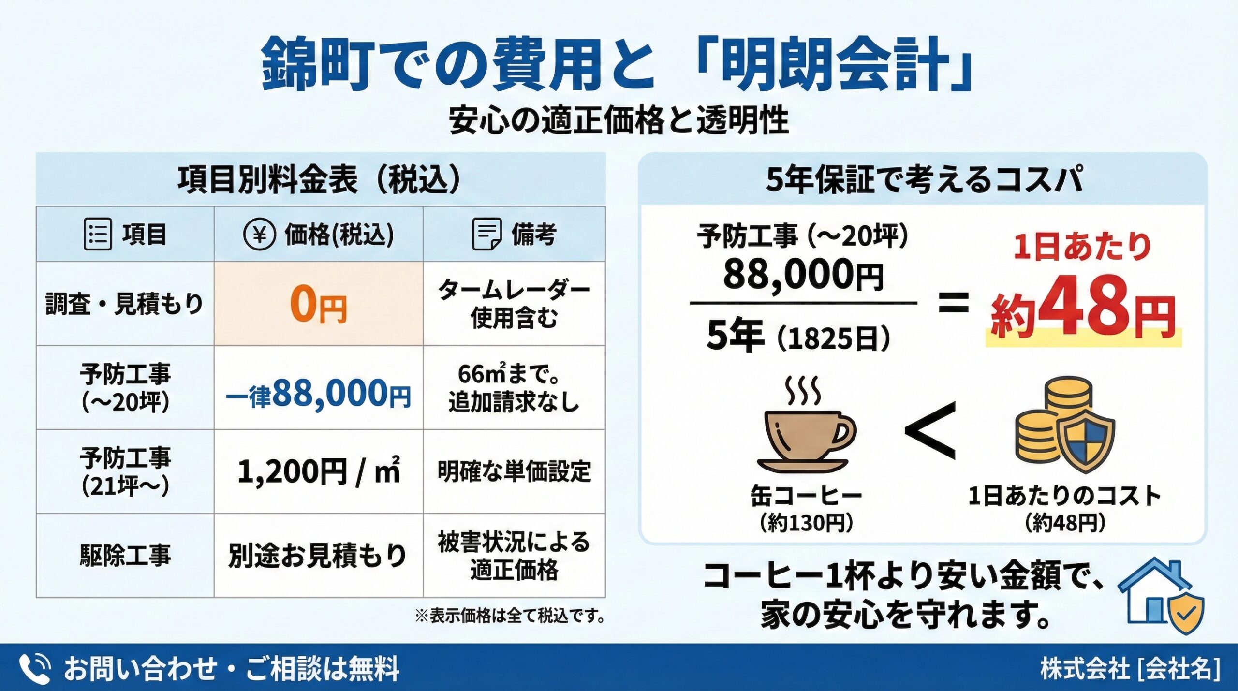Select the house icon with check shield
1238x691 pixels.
(1161, 598)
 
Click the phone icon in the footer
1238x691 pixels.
(35, 669)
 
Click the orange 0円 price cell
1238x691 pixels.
(319, 304)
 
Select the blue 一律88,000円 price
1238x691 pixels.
(319, 394)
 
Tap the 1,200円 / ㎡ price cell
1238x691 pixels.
(319, 471)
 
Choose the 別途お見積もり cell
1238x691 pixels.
(318, 555)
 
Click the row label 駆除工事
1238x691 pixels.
(125, 555)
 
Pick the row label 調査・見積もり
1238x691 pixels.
(125, 304)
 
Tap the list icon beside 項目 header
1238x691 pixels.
(98, 235)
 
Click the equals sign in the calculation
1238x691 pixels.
(953, 303)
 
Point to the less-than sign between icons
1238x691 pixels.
(931, 431)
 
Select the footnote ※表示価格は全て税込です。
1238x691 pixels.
(510, 616)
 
